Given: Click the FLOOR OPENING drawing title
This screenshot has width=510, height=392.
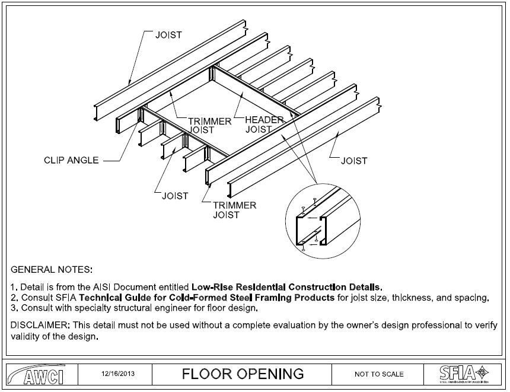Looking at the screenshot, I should click(243, 374).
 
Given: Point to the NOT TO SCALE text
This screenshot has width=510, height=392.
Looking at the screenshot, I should click(379, 374).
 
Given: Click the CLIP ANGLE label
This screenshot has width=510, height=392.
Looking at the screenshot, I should click(71, 160).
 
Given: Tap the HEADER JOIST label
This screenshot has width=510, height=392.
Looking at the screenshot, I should click(264, 124).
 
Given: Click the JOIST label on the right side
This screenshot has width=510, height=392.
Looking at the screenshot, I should click(354, 161).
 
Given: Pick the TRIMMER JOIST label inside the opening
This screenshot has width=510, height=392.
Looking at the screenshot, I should click(210, 126).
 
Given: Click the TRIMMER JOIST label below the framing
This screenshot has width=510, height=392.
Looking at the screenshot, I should click(235, 210).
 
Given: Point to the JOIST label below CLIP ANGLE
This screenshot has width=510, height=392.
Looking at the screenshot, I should click(175, 196).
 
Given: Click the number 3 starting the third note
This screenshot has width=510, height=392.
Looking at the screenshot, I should click(14, 308).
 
